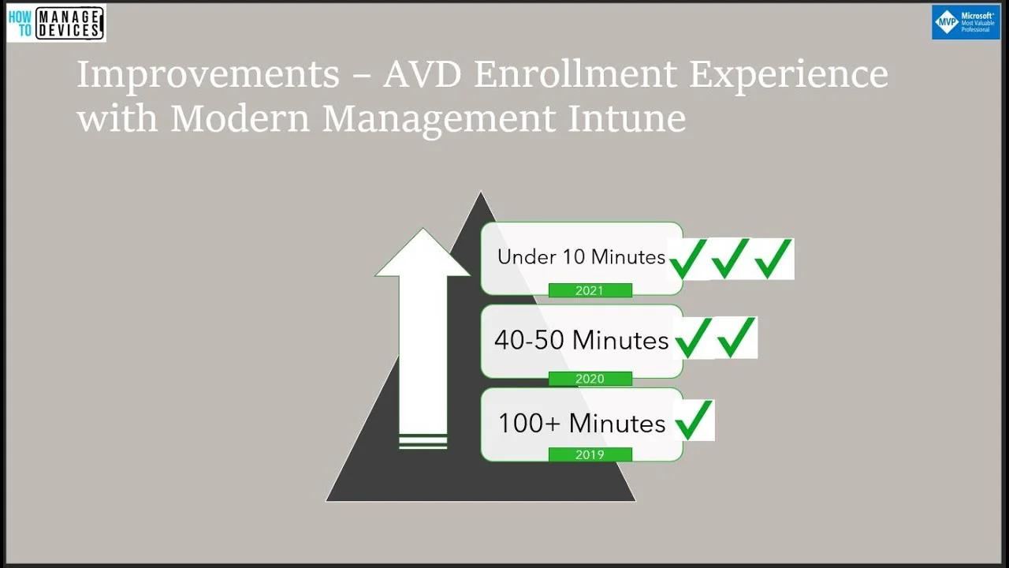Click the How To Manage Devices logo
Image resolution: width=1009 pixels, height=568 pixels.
[x=56, y=23]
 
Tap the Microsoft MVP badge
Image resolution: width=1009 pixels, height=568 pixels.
[x=965, y=22]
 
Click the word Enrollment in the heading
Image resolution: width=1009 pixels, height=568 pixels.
[x=575, y=75]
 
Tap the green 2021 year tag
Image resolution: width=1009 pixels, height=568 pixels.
[x=590, y=290]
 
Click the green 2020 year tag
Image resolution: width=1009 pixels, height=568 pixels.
[x=590, y=379]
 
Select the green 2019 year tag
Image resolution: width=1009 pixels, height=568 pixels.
[x=590, y=454]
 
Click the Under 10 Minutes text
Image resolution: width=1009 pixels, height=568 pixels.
[x=581, y=257]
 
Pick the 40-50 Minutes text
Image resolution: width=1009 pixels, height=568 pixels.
[x=581, y=340]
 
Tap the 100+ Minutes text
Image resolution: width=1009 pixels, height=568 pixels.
[x=581, y=424]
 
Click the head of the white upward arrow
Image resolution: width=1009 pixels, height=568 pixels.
[x=423, y=254]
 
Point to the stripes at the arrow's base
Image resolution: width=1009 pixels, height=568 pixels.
[x=423, y=442]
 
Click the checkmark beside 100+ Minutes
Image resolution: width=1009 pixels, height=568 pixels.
[x=694, y=420]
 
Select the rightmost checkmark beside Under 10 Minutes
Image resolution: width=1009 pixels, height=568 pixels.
[x=773, y=259]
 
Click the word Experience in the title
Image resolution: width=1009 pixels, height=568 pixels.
[x=788, y=75]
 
